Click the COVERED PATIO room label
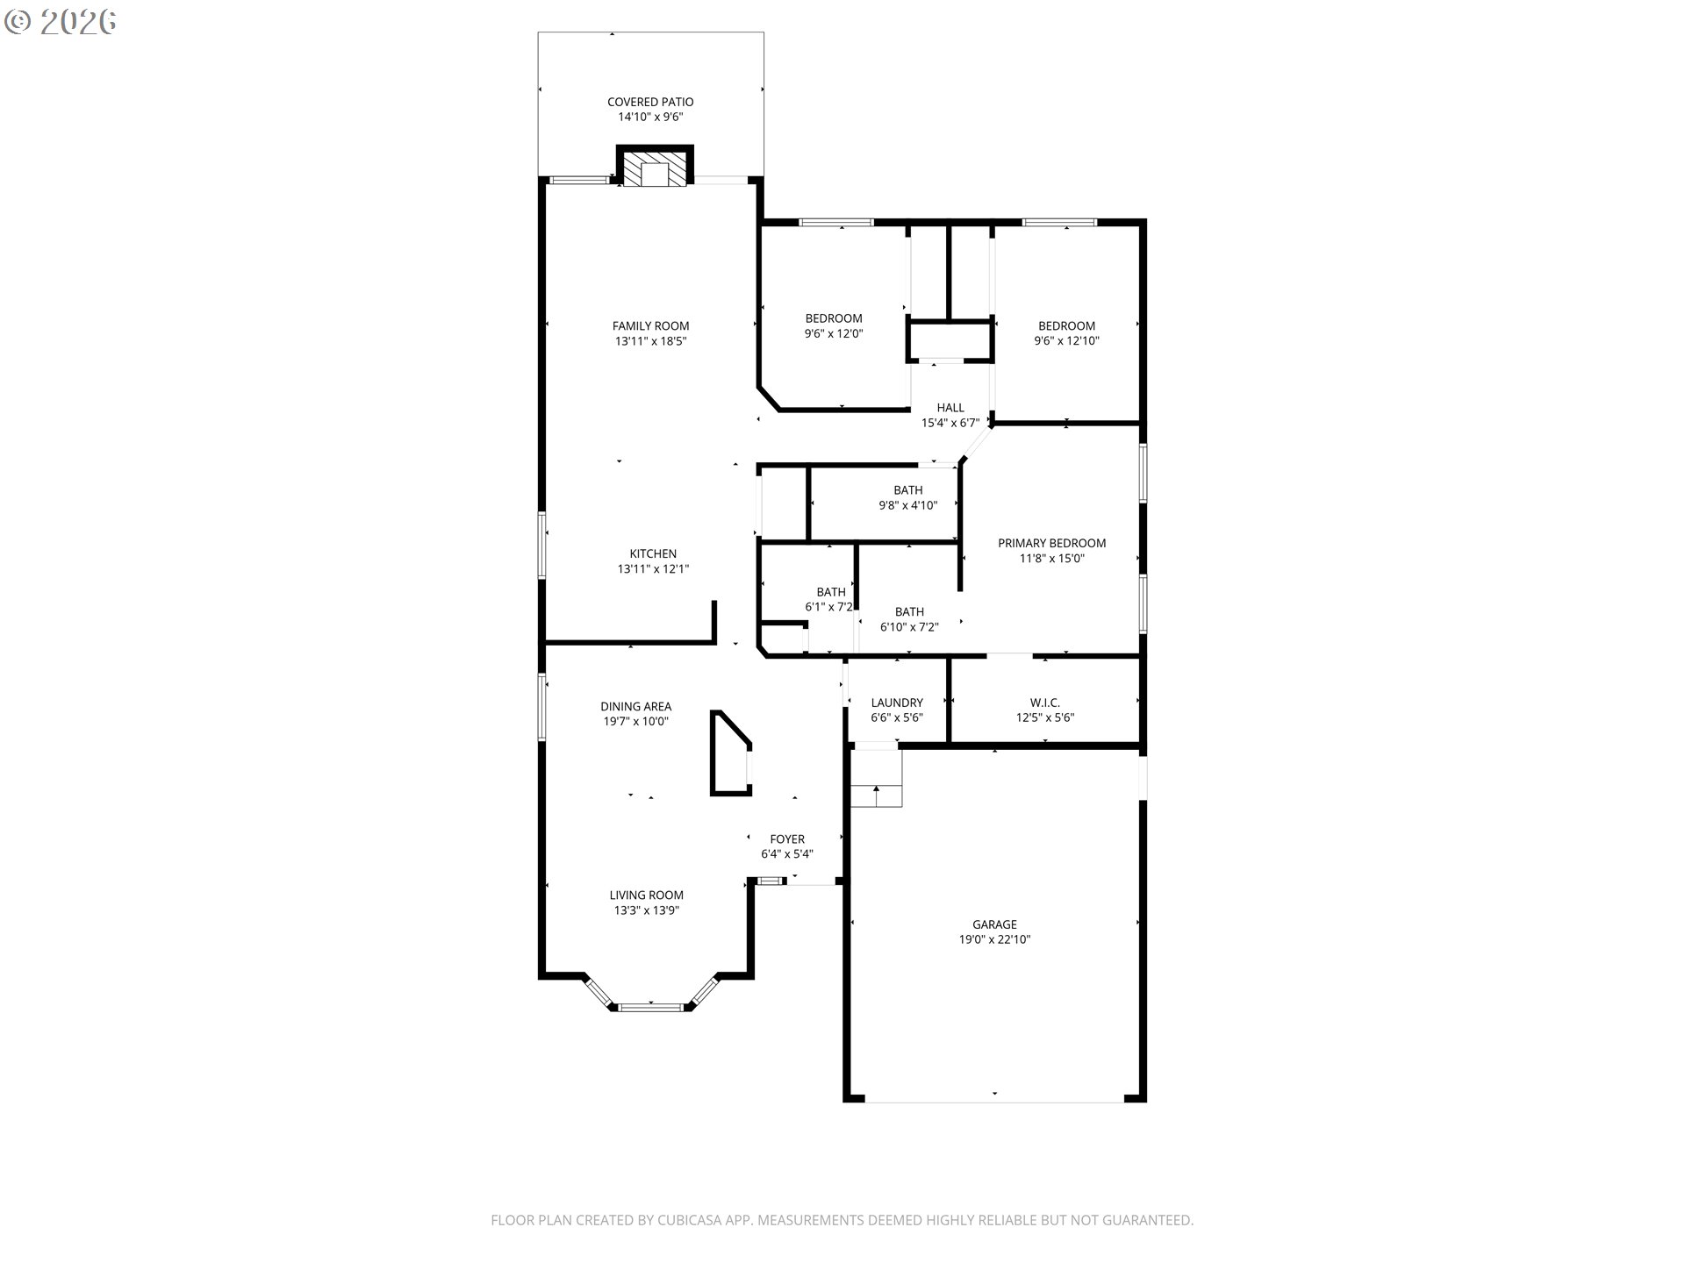pyautogui.click(x=650, y=102)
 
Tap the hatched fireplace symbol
pyautogui.click(x=655, y=170)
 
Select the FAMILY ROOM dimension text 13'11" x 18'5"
pyautogui.click(x=650, y=341)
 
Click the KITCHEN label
pyautogui.click(x=653, y=553)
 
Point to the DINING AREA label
pyautogui.click(x=635, y=706)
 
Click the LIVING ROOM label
pyautogui.click(x=646, y=895)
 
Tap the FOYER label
pyautogui.click(x=787, y=838)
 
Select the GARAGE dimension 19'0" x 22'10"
pyautogui.click(x=994, y=939)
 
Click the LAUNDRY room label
pyautogui.click(x=897, y=703)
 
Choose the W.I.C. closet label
pyautogui.click(x=1044, y=703)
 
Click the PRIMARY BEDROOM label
pyautogui.click(x=1051, y=543)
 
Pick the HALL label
pyautogui.click(x=950, y=407)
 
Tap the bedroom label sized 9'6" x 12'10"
pyautogui.click(x=1066, y=325)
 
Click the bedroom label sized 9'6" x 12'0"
pyautogui.click(x=834, y=318)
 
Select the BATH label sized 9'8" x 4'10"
pyautogui.click(x=908, y=490)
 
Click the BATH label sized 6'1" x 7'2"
pyautogui.click(x=831, y=592)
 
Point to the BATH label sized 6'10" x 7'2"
pyautogui.click(x=909, y=611)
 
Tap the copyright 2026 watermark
pyautogui.click(x=61, y=21)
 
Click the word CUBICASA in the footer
pyautogui.click(x=697, y=1220)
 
